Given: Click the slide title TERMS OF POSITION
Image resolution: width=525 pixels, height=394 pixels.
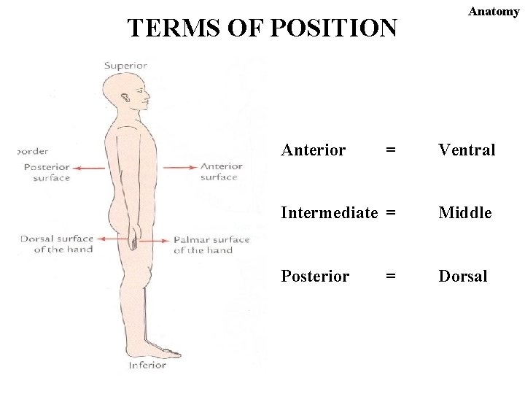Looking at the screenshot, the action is click(262, 28).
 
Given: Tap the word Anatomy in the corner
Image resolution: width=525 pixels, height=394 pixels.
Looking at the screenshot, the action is click(494, 11).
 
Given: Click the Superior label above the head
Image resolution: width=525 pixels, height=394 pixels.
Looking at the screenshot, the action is click(125, 66).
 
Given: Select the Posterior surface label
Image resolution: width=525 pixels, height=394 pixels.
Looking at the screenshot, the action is click(47, 172).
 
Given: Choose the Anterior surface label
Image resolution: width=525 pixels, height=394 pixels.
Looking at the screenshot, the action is click(221, 171).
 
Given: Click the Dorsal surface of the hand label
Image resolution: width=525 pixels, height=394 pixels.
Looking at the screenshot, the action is click(57, 244).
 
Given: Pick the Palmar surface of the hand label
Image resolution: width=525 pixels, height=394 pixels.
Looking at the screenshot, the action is click(211, 244).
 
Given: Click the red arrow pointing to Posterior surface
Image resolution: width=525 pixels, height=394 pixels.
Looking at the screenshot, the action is click(88, 168).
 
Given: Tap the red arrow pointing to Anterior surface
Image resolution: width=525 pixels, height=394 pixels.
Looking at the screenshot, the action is click(179, 167).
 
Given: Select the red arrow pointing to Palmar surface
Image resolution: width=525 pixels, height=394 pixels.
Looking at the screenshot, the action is click(154, 240).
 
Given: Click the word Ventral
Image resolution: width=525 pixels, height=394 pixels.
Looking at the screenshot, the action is click(466, 150).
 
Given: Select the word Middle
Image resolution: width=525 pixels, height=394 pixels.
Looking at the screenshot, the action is click(464, 213).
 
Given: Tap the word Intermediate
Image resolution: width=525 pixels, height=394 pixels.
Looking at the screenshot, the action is click(329, 213).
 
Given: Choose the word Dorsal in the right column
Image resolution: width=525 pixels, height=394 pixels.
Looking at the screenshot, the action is click(462, 277).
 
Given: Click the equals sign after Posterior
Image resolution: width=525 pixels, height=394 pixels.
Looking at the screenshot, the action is click(392, 277).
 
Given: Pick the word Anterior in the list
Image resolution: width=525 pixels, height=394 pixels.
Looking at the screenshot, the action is click(313, 150).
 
